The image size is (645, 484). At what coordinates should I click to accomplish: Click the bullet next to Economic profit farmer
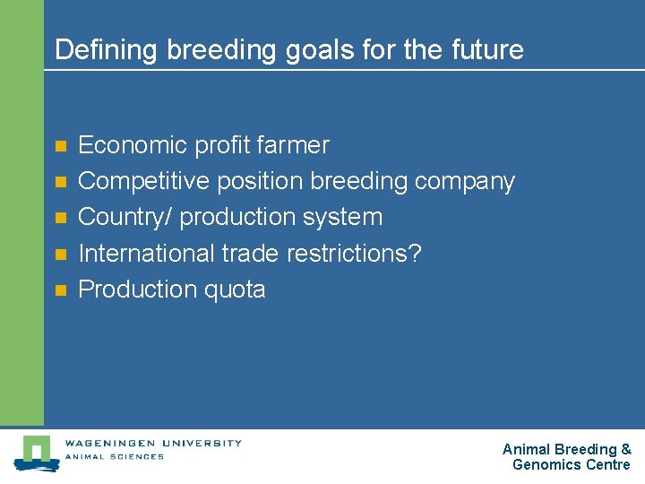click(60, 145)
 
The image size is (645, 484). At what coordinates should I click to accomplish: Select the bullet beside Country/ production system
click(60, 218)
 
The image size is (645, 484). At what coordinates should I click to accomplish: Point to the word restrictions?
click(354, 254)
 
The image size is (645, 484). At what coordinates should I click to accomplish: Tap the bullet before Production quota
click(60, 290)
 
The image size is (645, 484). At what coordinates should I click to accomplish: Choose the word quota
click(236, 290)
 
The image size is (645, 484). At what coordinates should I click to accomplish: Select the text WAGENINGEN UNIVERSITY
click(152, 442)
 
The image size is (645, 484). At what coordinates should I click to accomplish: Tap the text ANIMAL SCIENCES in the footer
click(114, 457)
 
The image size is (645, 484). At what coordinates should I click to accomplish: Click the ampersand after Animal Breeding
click(626, 449)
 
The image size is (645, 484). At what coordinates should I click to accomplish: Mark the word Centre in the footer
click(608, 464)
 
